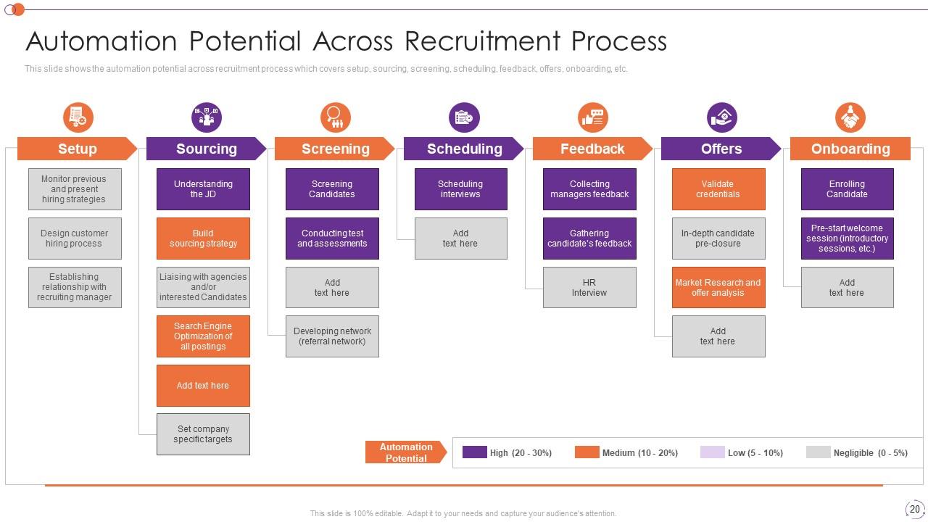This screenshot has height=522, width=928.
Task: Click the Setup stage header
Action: point(77,149)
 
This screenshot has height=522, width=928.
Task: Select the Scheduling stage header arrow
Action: point(464,149)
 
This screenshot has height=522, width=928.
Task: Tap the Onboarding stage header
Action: point(850,149)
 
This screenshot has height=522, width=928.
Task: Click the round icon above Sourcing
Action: point(207,117)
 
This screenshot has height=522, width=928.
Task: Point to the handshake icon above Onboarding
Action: point(850,117)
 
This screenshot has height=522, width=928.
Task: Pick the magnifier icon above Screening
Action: point(335,117)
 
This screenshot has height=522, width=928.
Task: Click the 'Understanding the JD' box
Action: point(203,189)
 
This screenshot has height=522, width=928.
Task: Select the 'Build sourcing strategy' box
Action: point(203,239)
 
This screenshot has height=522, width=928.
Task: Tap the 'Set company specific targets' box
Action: point(203,434)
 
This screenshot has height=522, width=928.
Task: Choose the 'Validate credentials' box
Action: point(718,189)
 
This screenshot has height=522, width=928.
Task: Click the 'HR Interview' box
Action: point(589,288)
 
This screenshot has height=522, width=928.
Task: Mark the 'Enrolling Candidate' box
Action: point(847,189)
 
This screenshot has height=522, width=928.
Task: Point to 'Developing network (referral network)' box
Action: point(332,336)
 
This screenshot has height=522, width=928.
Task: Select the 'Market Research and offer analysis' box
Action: point(718,288)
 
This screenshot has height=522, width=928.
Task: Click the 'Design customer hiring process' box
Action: point(75,239)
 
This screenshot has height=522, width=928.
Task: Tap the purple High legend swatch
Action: point(475,452)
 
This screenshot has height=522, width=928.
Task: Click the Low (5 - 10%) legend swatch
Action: point(712,452)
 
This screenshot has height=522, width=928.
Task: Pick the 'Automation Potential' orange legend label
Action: point(405,452)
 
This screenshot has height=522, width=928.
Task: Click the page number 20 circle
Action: point(914,509)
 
